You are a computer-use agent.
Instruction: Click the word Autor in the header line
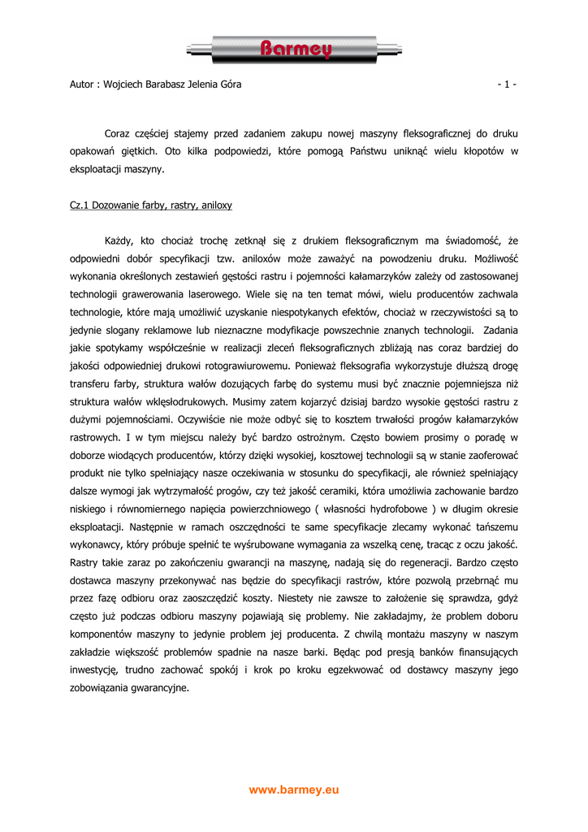83,84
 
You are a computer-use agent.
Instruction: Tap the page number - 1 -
507,84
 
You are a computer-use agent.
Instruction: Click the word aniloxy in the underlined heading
214,206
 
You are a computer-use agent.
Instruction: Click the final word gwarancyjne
161,687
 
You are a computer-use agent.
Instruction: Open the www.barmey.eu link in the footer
294,790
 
